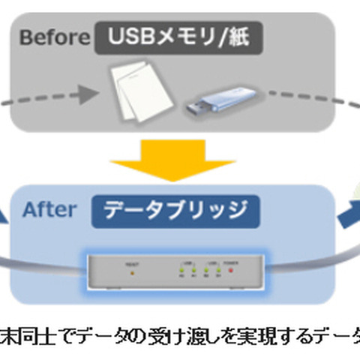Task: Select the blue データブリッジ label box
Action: (x=176, y=211)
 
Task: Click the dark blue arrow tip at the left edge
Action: (x=5, y=217)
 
